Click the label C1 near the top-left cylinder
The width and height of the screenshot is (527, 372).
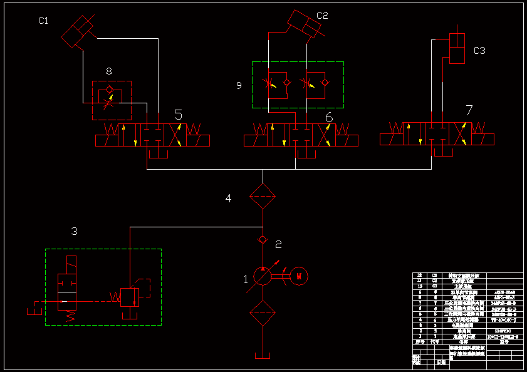[43, 21]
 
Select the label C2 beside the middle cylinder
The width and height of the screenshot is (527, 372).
[322, 16]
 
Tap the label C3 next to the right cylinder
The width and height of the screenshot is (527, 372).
[479, 51]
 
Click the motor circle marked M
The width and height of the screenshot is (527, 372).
[300, 275]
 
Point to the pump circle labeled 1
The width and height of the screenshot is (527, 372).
[262, 276]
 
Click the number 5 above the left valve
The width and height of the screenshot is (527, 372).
[179, 115]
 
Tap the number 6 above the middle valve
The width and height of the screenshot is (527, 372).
[329, 116]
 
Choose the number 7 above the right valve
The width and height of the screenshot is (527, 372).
[469, 111]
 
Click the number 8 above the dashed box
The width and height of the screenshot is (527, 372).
[109, 71]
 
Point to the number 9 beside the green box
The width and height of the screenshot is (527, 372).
[239, 86]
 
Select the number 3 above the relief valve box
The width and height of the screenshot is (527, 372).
[74, 232]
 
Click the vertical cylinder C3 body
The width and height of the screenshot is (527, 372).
[458, 49]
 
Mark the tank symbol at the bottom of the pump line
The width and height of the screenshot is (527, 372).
[262, 356]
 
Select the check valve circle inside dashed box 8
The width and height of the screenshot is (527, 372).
[111, 89]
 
